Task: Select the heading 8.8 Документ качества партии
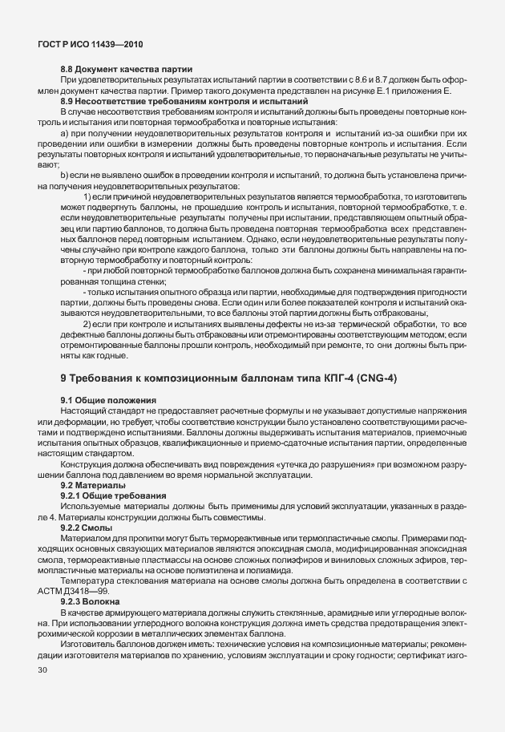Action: point(126,70)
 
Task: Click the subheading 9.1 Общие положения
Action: point(107,400)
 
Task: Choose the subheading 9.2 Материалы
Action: point(93,486)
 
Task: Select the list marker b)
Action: point(64,174)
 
